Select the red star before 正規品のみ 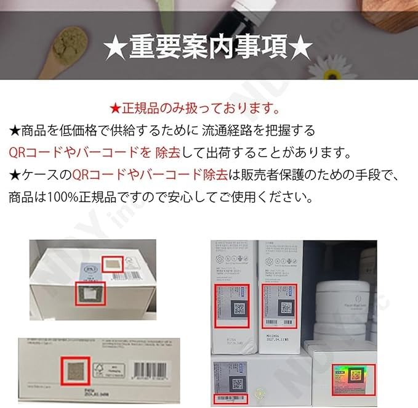point(115,110)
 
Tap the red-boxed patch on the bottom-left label point(76,372)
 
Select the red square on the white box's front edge point(87,293)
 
